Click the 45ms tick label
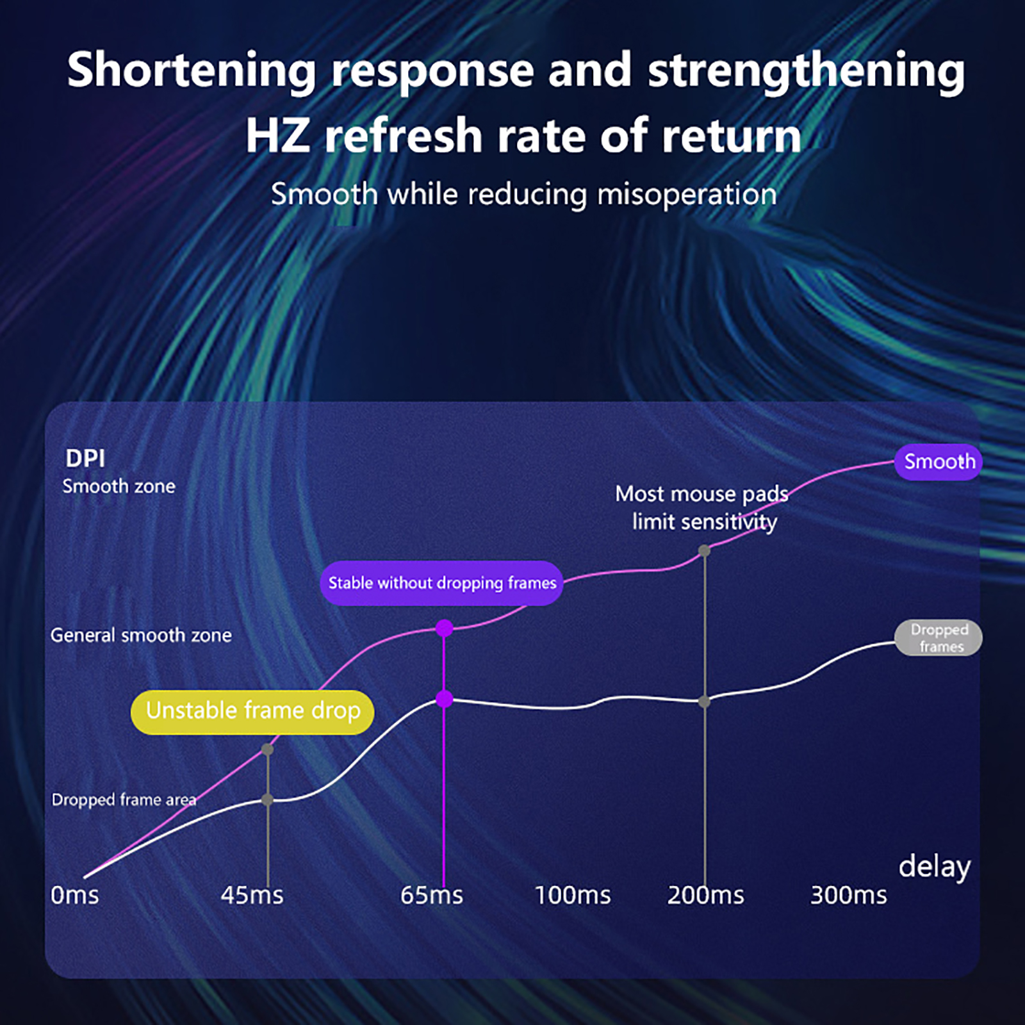(x=252, y=895)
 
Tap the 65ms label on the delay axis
(x=432, y=895)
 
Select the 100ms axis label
(x=573, y=895)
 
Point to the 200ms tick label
(x=706, y=895)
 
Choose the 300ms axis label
(x=849, y=895)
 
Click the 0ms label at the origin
(x=75, y=895)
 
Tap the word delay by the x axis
(x=935, y=867)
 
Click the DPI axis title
(x=85, y=458)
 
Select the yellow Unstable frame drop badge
(x=252, y=712)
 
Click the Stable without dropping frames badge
(x=441, y=583)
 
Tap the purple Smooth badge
(x=939, y=461)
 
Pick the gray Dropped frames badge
(x=939, y=637)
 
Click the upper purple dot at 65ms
(x=444, y=628)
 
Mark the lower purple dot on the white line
(x=444, y=699)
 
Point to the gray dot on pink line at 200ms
(x=704, y=551)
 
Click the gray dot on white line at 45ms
(x=268, y=800)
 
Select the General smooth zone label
(x=141, y=635)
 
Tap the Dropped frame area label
(x=124, y=799)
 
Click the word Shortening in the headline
(x=192, y=71)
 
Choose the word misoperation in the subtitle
(x=687, y=195)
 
